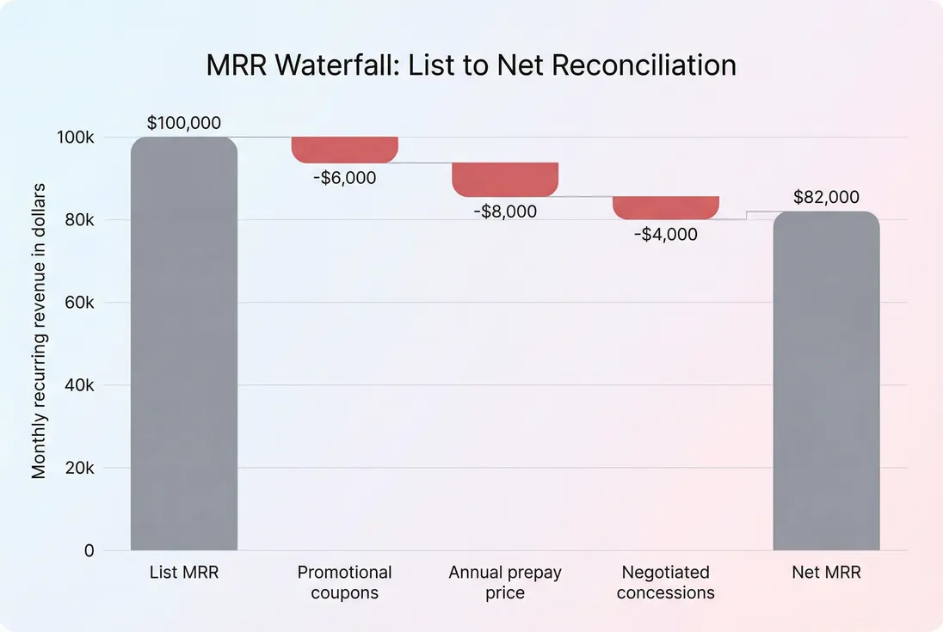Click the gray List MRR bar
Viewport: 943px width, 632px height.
click(x=183, y=344)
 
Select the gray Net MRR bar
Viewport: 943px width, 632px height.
click(x=826, y=381)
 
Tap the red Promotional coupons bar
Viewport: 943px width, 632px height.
click(x=344, y=150)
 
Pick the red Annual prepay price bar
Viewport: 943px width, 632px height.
click(x=505, y=179)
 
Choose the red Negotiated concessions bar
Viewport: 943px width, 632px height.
click(x=666, y=208)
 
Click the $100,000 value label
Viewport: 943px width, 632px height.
click(x=183, y=123)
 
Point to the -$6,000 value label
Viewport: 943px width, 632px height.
click(x=344, y=178)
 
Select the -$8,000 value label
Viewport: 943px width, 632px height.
click(x=505, y=211)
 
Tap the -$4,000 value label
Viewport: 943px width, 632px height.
click(x=666, y=234)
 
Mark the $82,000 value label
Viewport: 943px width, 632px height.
click(x=826, y=197)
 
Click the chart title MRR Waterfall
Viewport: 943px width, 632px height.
click(x=471, y=65)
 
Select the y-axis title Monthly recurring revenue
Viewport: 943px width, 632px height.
click(x=39, y=331)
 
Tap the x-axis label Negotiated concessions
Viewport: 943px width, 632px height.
click(x=666, y=582)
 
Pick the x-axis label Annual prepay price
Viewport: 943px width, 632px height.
click(x=505, y=582)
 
